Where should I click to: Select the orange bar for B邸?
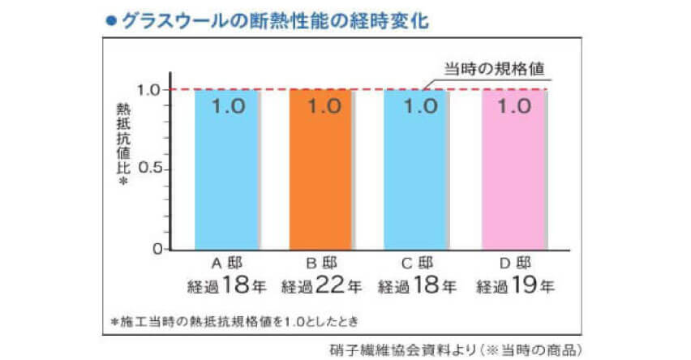pyautogui.click(x=320, y=178)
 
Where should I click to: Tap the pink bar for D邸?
pyautogui.click(x=513, y=178)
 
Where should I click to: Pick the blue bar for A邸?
pyautogui.click(x=226, y=178)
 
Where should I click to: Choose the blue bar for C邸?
pyautogui.click(x=415, y=178)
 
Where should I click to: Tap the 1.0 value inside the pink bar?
pyautogui.click(x=514, y=105)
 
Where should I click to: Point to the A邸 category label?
pyautogui.click(x=226, y=263)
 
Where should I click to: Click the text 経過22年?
pyautogui.click(x=322, y=285)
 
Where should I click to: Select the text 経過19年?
pyautogui.click(x=514, y=285)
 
